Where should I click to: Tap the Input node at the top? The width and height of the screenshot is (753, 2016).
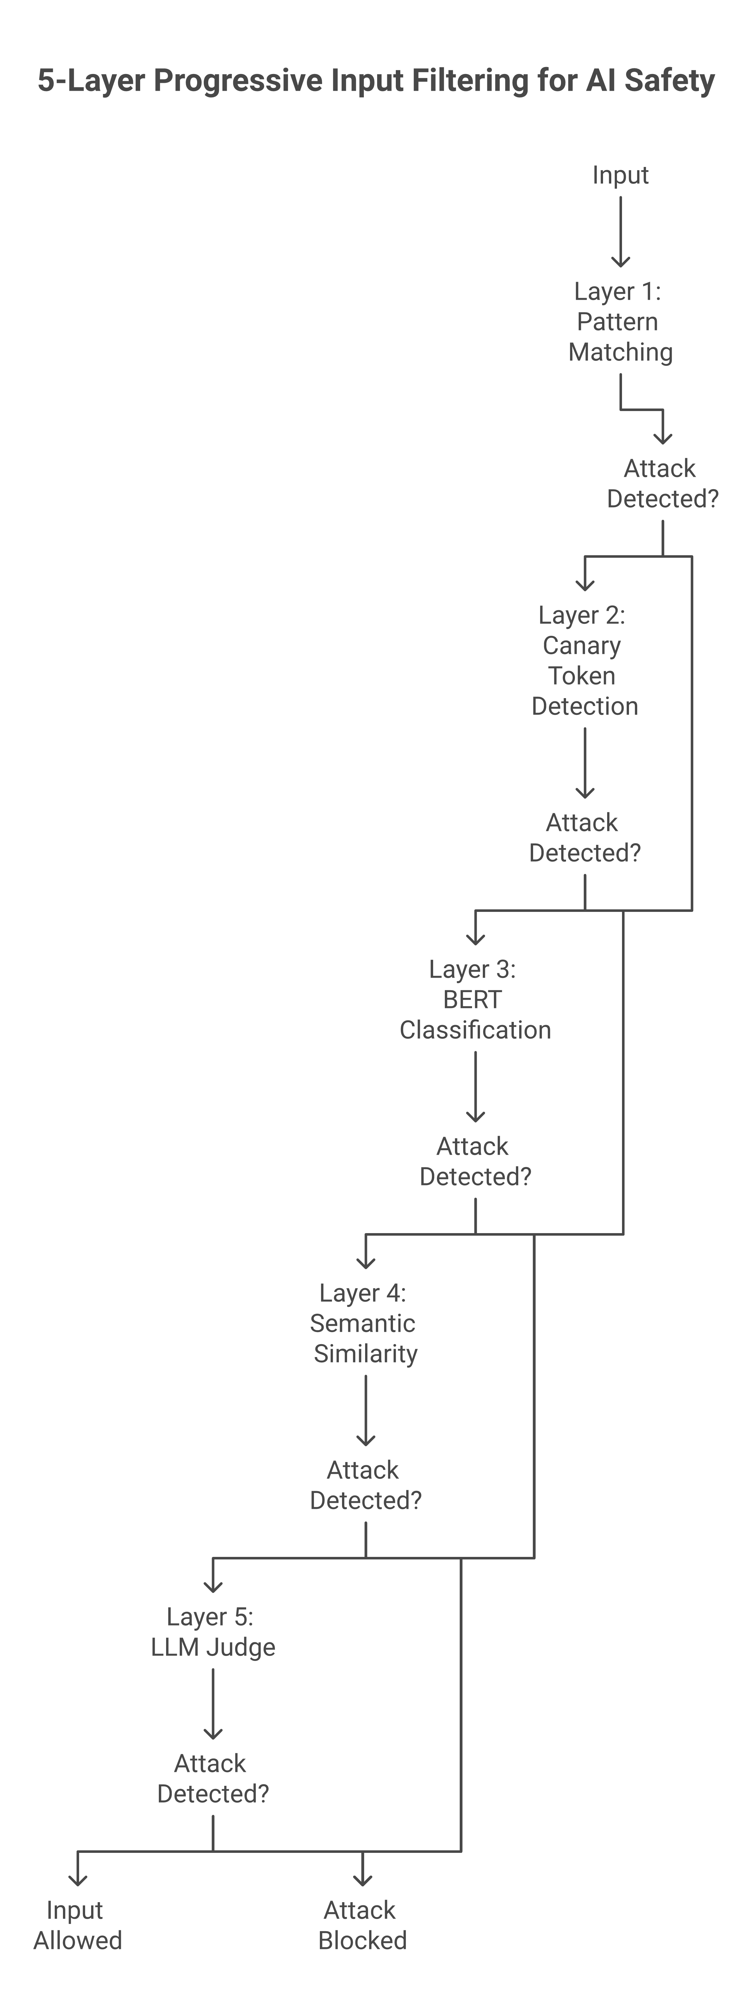click(620, 175)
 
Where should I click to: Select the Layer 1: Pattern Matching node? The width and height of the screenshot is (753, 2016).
click(620, 322)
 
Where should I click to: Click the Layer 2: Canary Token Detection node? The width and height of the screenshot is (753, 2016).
click(584, 661)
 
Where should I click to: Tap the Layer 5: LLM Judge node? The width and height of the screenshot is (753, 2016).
click(213, 1632)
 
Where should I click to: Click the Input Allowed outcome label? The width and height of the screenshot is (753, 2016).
click(78, 1925)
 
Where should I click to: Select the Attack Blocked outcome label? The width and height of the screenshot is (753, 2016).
click(362, 1925)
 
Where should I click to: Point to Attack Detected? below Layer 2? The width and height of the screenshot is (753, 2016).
click(584, 837)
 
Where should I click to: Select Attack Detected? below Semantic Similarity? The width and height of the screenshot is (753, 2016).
click(365, 1485)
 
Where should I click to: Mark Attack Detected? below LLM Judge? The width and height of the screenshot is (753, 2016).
click(213, 1778)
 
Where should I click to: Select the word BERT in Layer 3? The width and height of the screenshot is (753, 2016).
click(472, 999)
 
